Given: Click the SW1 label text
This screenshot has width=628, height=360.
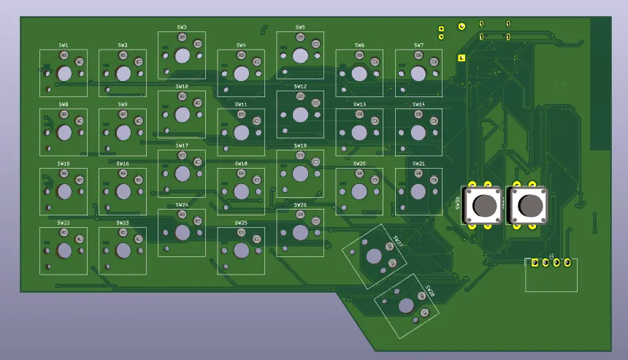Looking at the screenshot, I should click(64, 45).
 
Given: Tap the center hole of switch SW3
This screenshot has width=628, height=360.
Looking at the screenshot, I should click(182, 55).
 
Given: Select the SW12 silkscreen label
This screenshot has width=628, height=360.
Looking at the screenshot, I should click(300, 86).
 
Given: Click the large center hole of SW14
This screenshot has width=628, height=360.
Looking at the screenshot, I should click(418, 132).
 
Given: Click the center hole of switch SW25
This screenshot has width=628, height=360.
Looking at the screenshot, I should click(241, 250).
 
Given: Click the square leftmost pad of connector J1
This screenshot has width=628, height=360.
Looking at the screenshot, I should click(535, 264).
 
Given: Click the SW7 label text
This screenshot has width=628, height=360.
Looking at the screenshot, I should click(418, 45).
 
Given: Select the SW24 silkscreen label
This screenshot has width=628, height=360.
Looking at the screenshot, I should click(182, 205).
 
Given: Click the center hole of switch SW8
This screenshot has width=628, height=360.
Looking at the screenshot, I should click(64, 132).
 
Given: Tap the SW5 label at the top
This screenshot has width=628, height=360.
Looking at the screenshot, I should click(300, 27).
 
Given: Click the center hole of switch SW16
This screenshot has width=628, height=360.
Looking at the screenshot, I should click(123, 191).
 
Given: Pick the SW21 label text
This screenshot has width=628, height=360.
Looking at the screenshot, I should click(418, 164).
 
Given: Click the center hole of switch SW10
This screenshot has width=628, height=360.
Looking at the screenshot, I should click(182, 115).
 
